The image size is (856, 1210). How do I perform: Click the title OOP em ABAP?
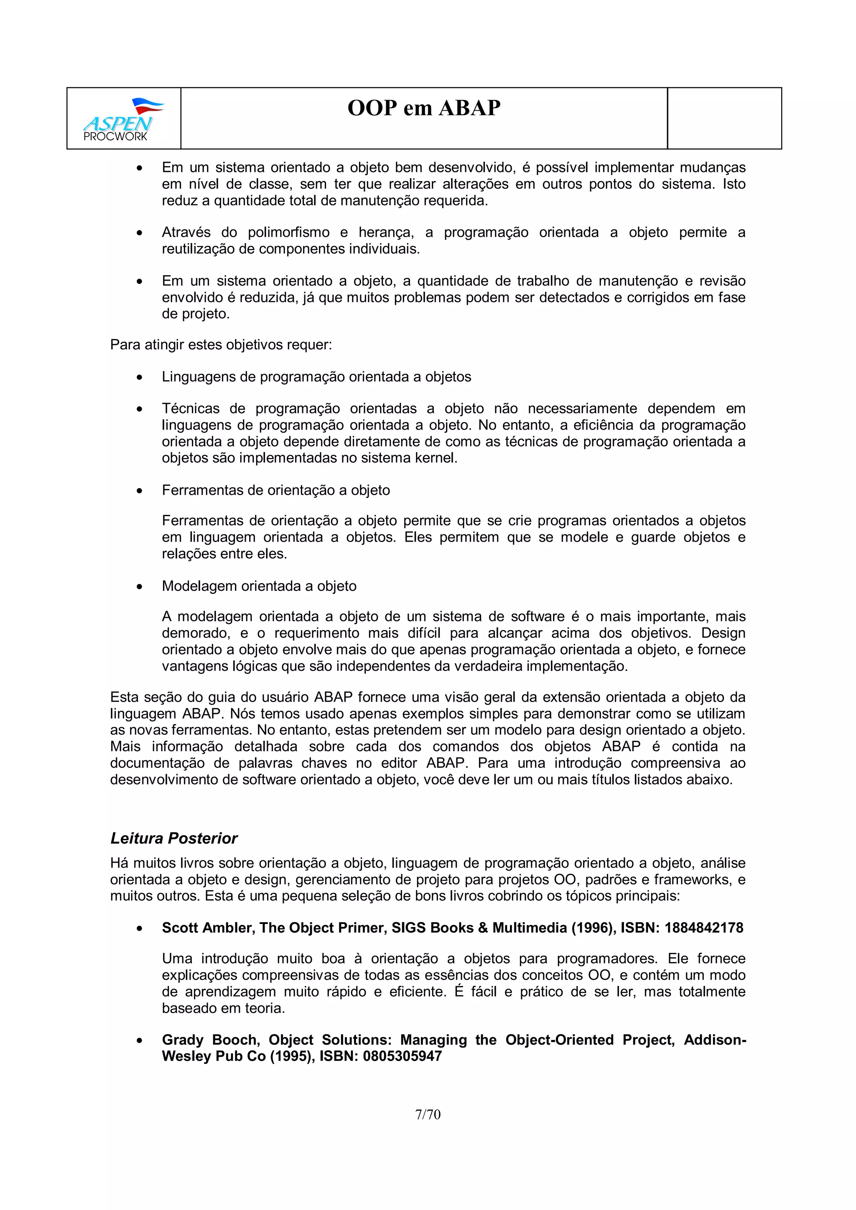tap(423, 108)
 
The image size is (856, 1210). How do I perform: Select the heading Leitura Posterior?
tap(173, 838)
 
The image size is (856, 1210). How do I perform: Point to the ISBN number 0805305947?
tap(402, 1056)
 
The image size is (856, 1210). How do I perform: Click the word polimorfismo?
tap(288, 233)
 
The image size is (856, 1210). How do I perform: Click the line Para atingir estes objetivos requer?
tap(221, 344)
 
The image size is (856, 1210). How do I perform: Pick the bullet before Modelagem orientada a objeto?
tap(139, 587)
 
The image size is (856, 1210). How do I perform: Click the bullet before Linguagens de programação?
tap(139, 377)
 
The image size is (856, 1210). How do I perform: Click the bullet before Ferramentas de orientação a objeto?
tap(139, 491)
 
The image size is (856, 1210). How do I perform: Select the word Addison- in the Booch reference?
tap(715, 1040)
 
